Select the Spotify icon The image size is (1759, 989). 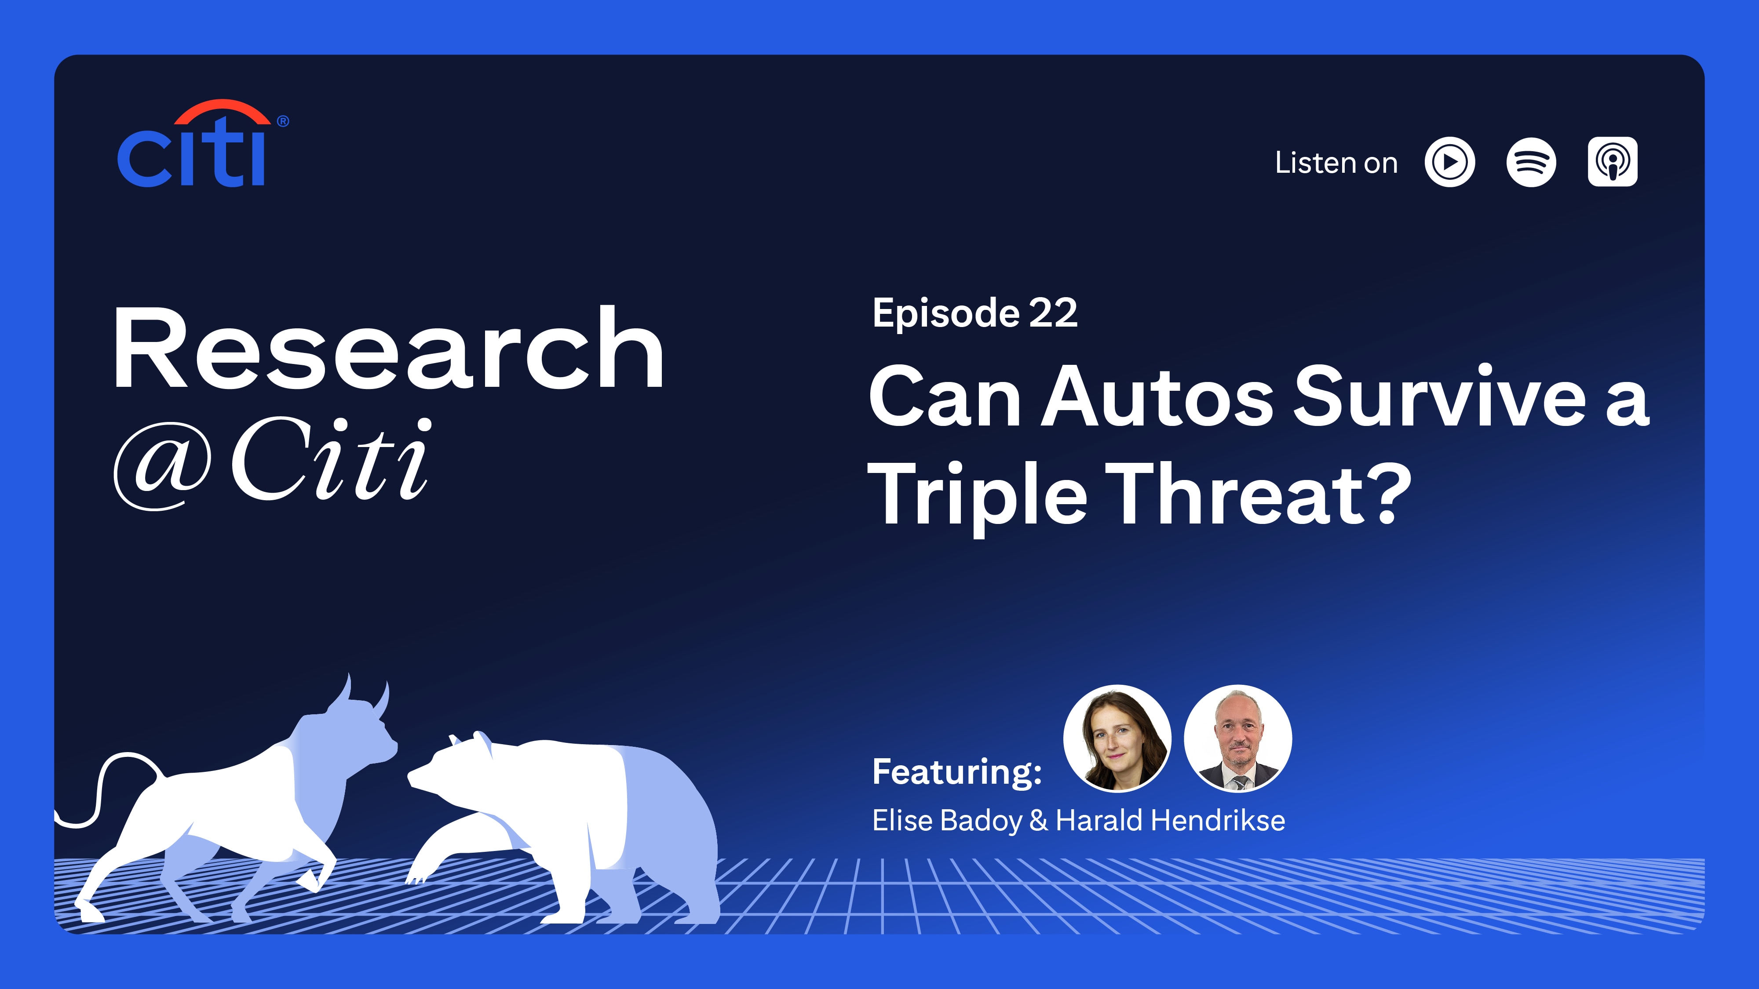(1531, 163)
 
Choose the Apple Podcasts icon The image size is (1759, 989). (1612, 162)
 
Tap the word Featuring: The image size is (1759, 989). (956, 772)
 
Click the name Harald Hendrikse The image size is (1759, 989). (1170, 820)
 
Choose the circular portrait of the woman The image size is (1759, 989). (1117, 738)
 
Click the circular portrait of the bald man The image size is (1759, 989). (1237, 738)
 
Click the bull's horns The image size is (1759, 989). (362, 696)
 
